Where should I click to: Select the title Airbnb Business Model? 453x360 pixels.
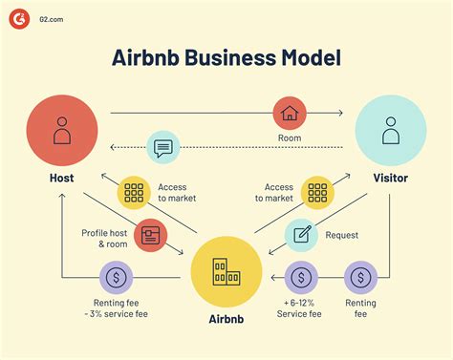click(x=226, y=57)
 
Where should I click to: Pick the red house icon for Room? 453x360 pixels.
click(x=290, y=114)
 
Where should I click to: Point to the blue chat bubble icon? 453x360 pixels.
click(x=163, y=148)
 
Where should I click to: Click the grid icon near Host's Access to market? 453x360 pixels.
click(x=135, y=193)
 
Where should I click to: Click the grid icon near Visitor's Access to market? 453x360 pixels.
click(x=317, y=193)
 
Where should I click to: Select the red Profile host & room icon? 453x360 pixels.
click(x=151, y=235)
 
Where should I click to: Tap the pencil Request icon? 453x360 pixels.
click(x=302, y=235)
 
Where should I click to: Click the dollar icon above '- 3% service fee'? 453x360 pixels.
click(x=116, y=278)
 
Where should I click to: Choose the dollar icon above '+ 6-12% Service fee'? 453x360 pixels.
click(x=302, y=278)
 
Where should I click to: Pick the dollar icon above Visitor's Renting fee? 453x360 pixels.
click(x=360, y=278)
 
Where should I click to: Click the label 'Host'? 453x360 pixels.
click(x=62, y=178)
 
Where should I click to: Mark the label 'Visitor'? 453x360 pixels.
click(x=390, y=178)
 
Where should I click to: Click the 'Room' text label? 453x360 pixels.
click(x=290, y=138)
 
